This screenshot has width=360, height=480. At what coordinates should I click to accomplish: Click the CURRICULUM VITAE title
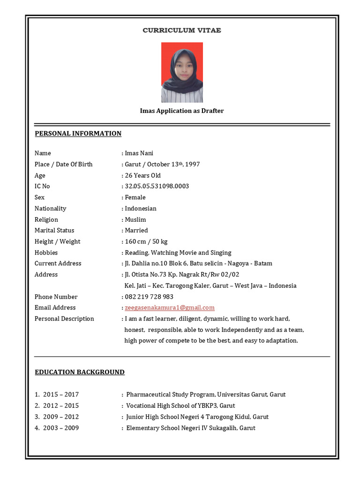(182, 30)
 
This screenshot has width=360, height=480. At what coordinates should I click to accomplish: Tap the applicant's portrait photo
(182, 72)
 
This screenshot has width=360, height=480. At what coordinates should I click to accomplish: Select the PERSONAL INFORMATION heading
(78, 134)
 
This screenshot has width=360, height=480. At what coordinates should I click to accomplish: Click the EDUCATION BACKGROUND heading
(80, 372)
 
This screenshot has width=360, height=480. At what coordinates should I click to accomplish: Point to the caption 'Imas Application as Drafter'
(182, 111)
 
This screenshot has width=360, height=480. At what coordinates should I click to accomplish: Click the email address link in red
(170, 308)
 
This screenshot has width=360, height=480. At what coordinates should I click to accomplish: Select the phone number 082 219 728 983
(149, 297)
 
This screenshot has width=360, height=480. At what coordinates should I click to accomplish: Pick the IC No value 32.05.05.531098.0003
(157, 187)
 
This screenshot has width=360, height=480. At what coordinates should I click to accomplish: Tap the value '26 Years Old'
(143, 176)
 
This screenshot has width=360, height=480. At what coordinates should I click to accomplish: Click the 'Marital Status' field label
(54, 231)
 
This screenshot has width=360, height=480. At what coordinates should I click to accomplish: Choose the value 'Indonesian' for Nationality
(141, 209)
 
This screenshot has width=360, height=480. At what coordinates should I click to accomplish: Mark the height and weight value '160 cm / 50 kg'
(146, 242)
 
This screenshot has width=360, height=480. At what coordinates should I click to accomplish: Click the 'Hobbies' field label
(46, 253)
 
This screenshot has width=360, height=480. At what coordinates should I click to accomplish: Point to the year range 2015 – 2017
(61, 395)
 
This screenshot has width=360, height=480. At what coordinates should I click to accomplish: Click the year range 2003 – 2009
(61, 428)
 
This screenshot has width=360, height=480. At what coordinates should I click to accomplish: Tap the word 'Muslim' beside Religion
(135, 220)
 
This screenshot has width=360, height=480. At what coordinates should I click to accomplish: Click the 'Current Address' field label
(58, 263)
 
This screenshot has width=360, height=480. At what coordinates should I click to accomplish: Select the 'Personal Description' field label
(64, 319)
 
